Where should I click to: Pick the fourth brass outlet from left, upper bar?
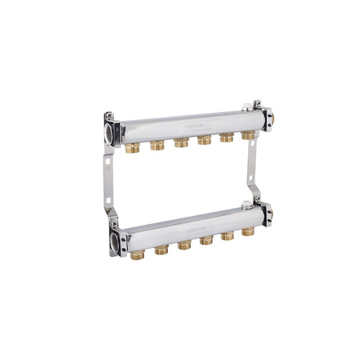[x=205, y=140]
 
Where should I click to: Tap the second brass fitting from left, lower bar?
[x=162, y=248]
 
